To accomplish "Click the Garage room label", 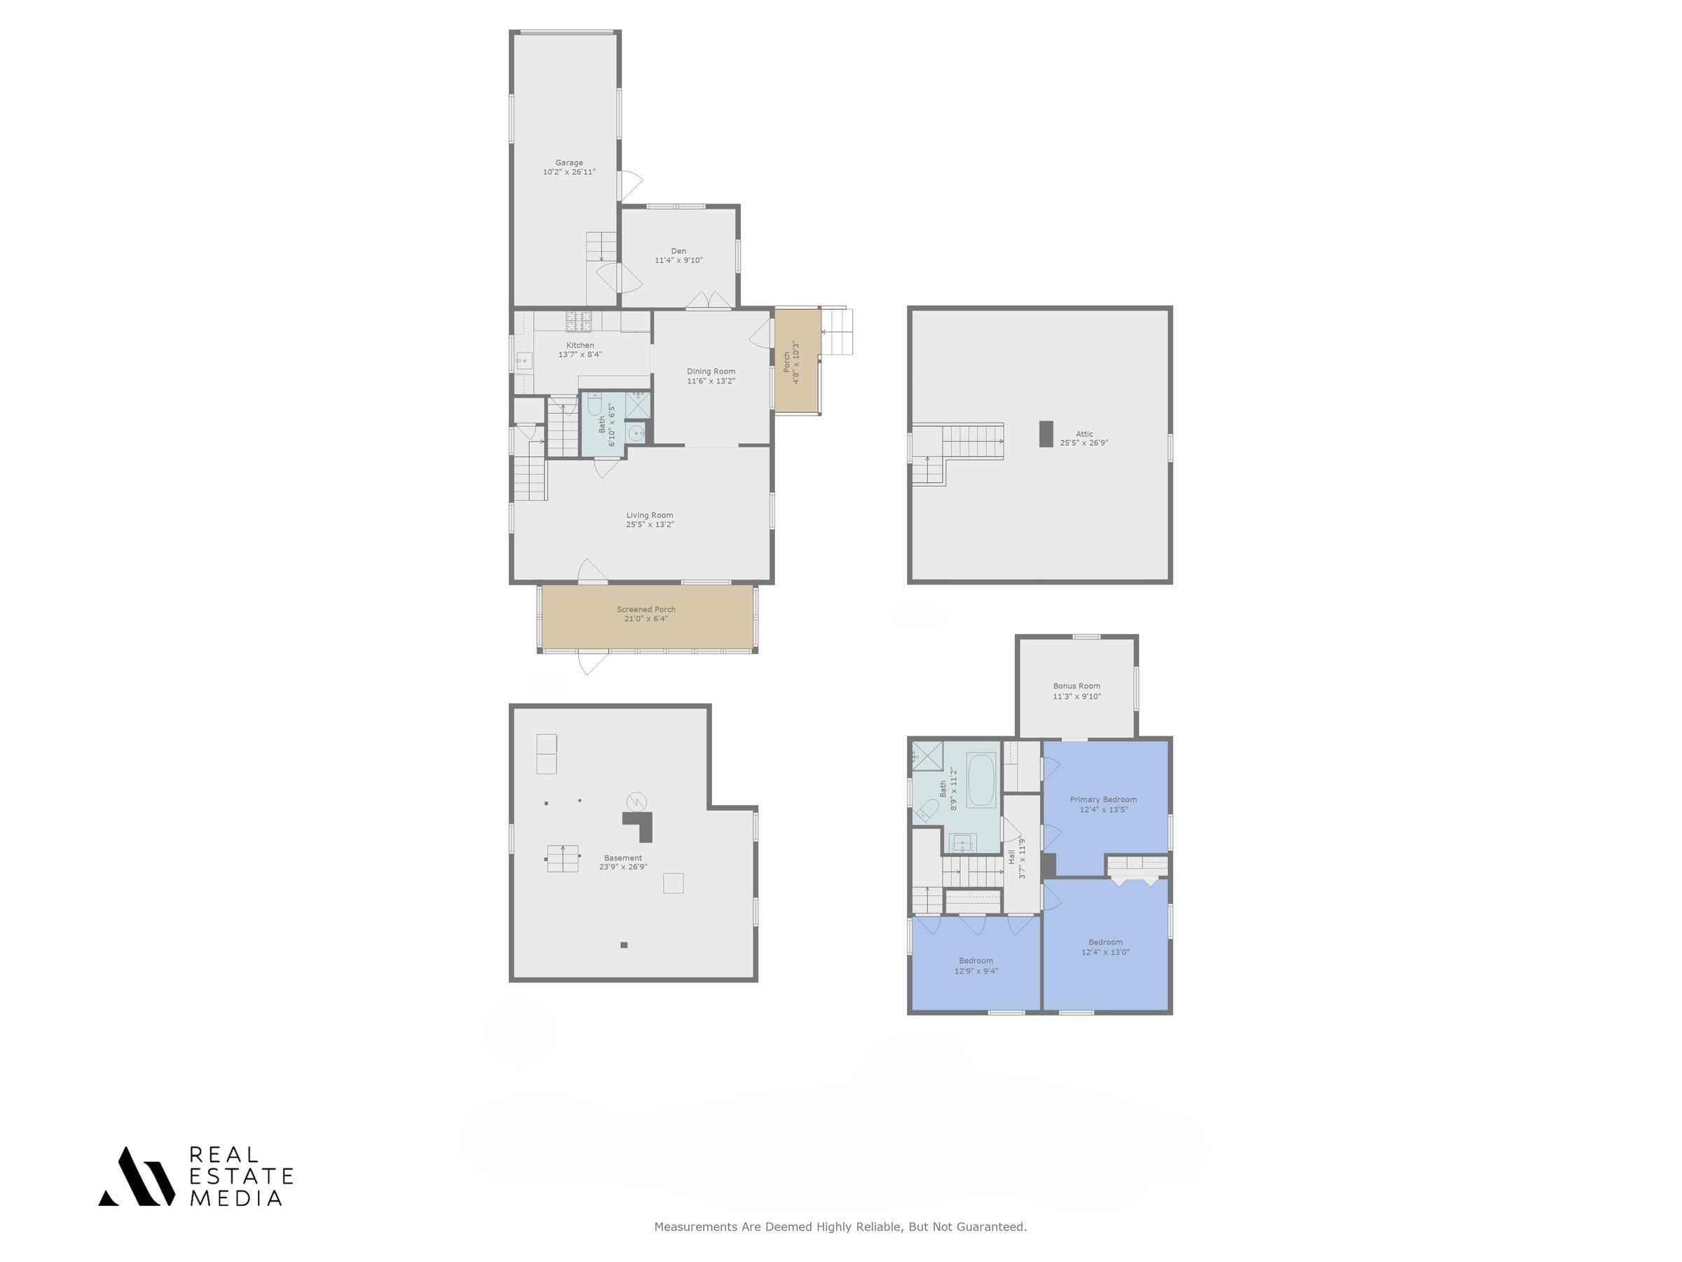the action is pyautogui.click(x=569, y=163).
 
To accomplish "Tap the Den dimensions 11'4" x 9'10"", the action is pyautogui.click(x=678, y=260).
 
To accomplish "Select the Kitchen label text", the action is pyautogui.click(x=580, y=346).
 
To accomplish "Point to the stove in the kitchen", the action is pyautogui.click(x=579, y=321).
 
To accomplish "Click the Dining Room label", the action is pyautogui.click(x=711, y=371).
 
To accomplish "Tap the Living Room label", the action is pyautogui.click(x=650, y=515).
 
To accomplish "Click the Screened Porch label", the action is pyautogui.click(x=646, y=609).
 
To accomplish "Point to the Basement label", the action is pyautogui.click(x=623, y=857).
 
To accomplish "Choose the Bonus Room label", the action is pyautogui.click(x=1076, y=686).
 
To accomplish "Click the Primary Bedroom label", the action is pyautogui.click(x=1103, y=799).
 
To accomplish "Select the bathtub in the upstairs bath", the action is pyautogui.click(x=981, y=780).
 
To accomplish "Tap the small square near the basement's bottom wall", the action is pyautogui.click(x=624, y=945).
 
